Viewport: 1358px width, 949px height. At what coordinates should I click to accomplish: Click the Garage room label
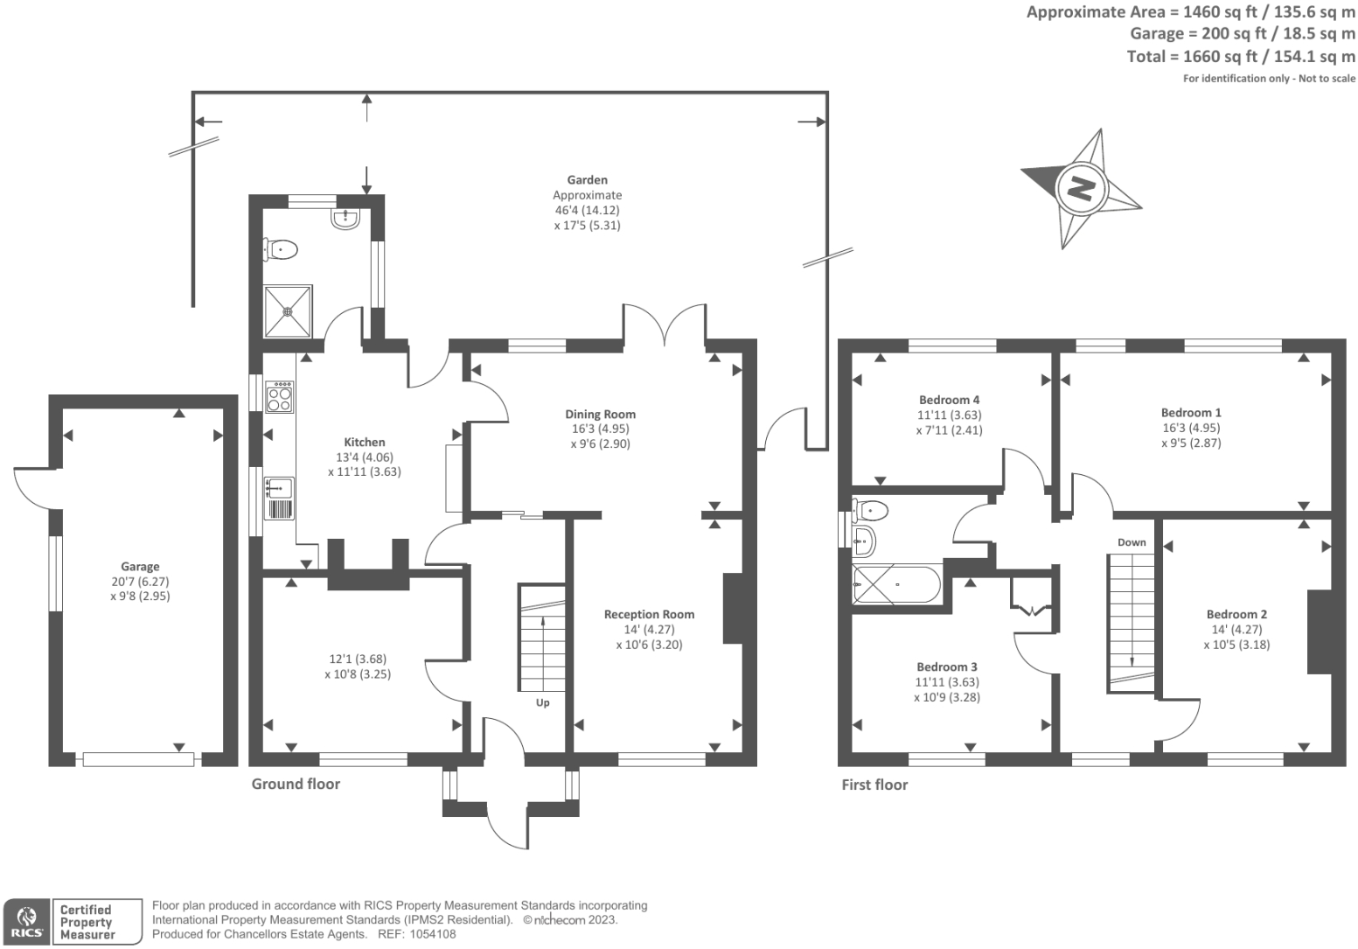tap(140, 567)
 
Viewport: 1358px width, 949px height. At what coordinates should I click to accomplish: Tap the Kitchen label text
tap(364, 443)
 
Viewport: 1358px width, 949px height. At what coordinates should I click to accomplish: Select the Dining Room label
tap(600, 415)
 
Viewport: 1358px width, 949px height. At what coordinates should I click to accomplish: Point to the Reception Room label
tap(649, 615)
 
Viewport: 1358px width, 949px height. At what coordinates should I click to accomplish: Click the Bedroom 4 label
tap(949, 401)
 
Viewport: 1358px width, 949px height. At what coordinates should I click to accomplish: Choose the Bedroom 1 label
tap(1191, 413)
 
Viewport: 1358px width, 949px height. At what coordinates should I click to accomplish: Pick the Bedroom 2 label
tap(1236, 615)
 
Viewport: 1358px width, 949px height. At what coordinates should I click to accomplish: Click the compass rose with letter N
tap(1082, 188)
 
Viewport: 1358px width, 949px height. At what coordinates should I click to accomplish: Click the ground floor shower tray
tap(288, 311)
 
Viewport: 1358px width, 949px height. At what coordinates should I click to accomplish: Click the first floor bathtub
tap(896, 585)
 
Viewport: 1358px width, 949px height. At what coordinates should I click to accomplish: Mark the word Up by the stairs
tap(542, 703)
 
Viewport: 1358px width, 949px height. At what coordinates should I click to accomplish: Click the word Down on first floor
tap(1131, 542)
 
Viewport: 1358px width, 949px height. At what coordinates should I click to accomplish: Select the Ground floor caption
tap(296, 784)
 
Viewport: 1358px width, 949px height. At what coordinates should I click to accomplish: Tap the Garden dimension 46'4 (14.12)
tap(587, 210)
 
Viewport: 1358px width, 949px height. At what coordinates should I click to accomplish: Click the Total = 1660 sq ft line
tap(1240, 57)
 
